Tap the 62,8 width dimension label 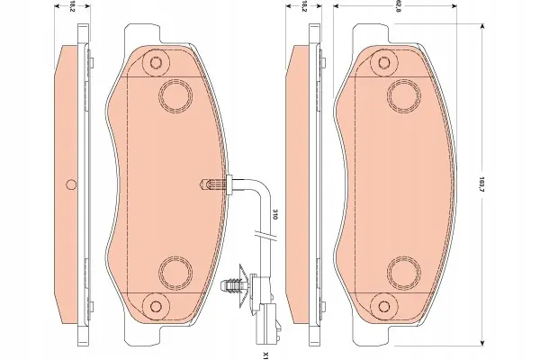(396, 6)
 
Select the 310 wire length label (274, 214)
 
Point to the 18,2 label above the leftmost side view (72, 6)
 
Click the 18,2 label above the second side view (303, 6)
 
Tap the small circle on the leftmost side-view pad (71, 184)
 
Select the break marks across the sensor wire (265, 235)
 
